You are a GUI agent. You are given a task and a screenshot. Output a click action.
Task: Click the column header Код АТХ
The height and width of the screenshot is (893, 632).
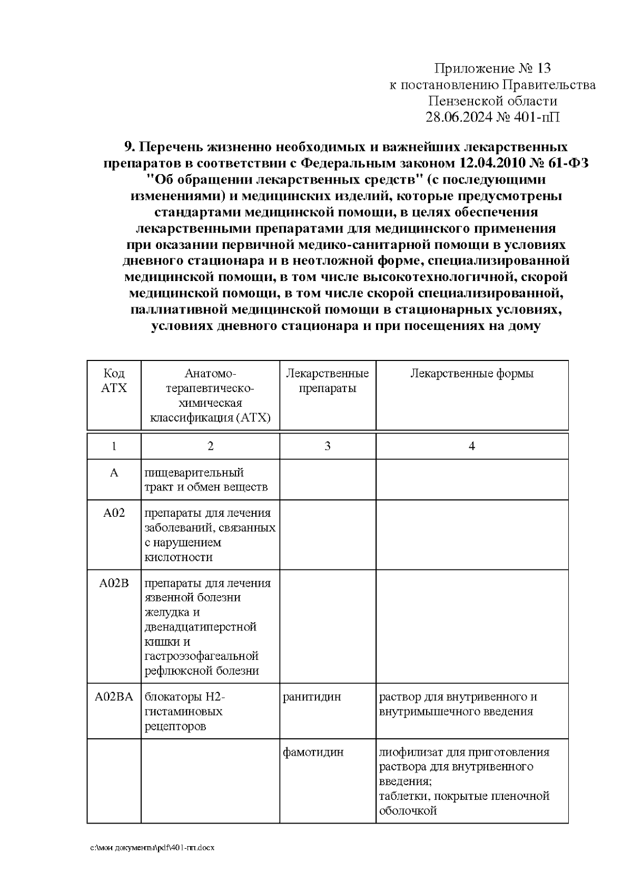pyautogui.click(x=114, y=381)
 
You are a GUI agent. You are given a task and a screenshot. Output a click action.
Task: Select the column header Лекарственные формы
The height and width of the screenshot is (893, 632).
pyautogui.click(x=471, y=374)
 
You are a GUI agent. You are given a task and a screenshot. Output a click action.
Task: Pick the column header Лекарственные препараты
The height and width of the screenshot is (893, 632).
pyautogui.click(x=327, y=381)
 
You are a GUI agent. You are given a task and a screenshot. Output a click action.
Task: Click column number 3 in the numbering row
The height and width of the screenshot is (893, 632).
pyautogui.click(x=327, y=446)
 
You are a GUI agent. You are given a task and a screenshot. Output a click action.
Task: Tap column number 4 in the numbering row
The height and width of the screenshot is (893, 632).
pyautogui.click(x=471, y=446)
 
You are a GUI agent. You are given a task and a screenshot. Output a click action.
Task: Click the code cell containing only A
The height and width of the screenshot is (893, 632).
pyautogui.click(x=114, y=473)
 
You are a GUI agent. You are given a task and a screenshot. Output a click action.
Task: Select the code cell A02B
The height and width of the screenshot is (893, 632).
pyautogui.click(x=114, y=583)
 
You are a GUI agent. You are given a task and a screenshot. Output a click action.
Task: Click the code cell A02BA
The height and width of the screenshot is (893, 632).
pyautogui.click(x=114, y=697)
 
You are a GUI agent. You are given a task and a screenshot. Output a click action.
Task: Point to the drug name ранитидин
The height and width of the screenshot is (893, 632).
pyautogui.click(x=312, y=697)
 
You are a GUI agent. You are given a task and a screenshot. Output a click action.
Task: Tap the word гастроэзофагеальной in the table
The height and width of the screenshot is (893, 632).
pyautogui.click(x=202, y=656)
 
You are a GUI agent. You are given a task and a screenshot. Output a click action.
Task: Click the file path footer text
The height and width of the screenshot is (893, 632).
pyautogui.click(x=152, y=848)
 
